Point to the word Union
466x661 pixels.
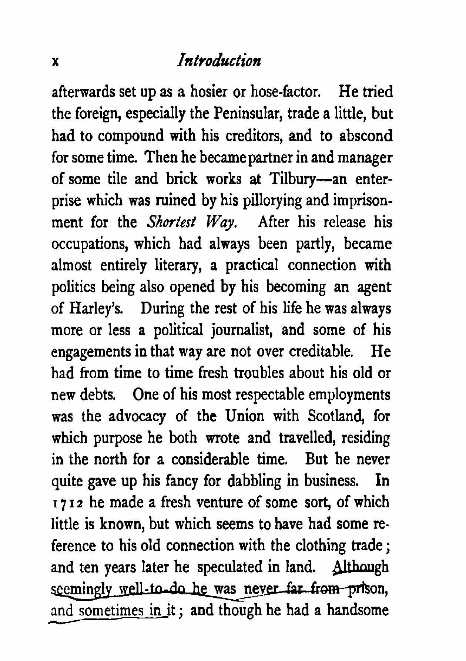pyautogui.click(x=245, y=416)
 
